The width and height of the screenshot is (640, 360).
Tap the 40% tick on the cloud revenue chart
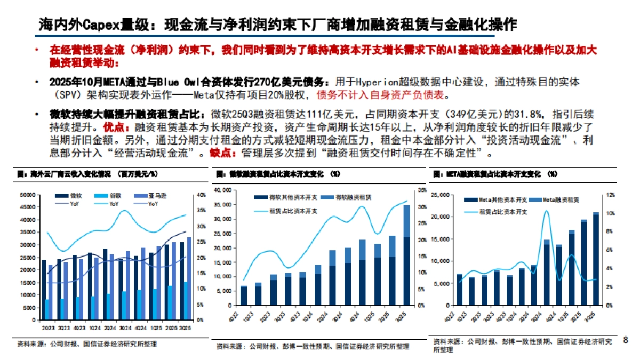[202, 195]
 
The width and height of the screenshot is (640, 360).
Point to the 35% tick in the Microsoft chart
[422, 190]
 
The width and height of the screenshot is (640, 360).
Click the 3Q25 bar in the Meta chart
[596, 259]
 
